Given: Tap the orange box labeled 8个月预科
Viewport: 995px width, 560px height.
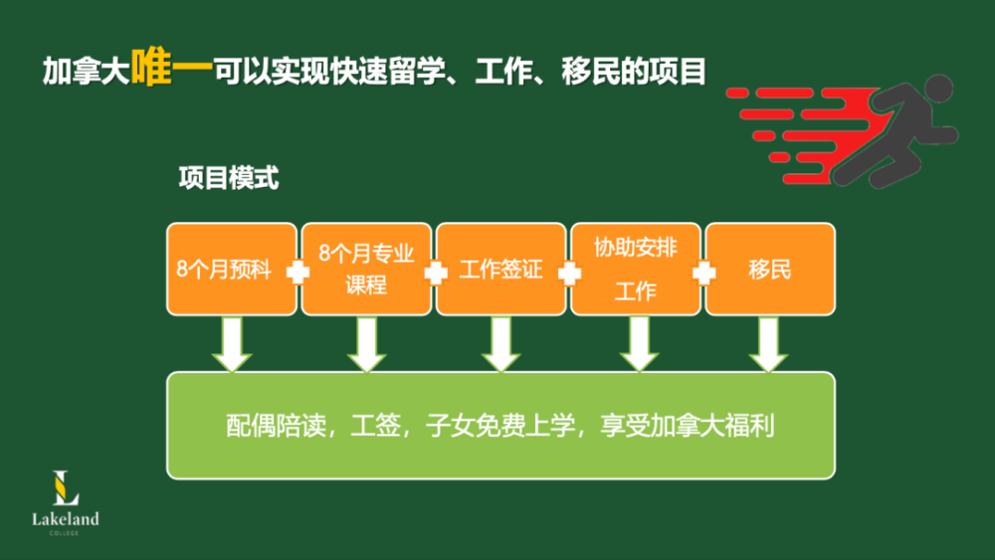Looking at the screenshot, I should coord(231,270).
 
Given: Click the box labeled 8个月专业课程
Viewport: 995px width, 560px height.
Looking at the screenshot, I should coord(366,270).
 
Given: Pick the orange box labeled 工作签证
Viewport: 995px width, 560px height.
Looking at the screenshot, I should coord(500,270).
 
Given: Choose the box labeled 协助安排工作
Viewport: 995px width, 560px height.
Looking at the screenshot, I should coord(636,270).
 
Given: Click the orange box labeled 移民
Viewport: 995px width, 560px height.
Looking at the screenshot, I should coord(770,270).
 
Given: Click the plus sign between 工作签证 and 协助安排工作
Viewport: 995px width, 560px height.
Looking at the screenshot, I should coord(568,272).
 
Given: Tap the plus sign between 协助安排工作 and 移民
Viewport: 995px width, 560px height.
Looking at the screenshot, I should coord(703,272).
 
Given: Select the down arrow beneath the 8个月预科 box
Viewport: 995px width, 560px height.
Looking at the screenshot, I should coord(232,344).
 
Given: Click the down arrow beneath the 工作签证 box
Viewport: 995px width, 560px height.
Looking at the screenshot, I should coord(500,344).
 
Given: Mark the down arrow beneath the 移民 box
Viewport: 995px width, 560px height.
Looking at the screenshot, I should coord(769,344).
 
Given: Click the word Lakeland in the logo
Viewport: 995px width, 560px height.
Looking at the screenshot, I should coord(66,519).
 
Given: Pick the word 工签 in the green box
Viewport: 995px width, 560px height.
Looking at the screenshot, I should coord(375,426).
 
